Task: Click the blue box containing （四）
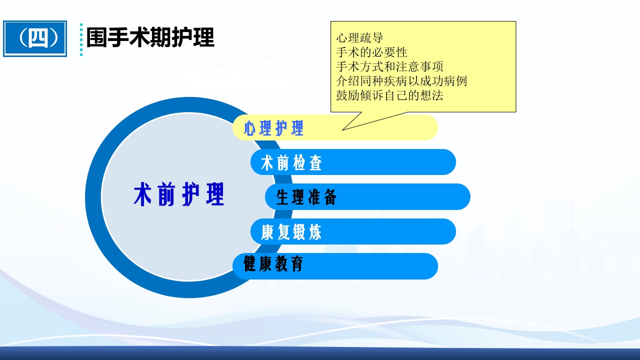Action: [35, 38]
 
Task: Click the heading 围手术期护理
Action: [150, 37]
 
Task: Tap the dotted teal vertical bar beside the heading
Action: [81, 39]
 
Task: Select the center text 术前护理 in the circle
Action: [178, 195]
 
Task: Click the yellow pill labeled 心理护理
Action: [335, 128]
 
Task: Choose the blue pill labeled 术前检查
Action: [353, 162]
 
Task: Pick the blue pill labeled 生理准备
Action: [367, 197]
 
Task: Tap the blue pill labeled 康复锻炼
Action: [353, 231]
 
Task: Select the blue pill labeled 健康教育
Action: [335, 266]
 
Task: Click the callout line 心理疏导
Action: [359, 37]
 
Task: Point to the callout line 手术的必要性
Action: [371, 52]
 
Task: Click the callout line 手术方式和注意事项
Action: [389, 66]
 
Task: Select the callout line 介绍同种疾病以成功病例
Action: [401, 81]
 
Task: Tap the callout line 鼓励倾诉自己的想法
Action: [389, 95]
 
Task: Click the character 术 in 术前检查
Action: [267, 163]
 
